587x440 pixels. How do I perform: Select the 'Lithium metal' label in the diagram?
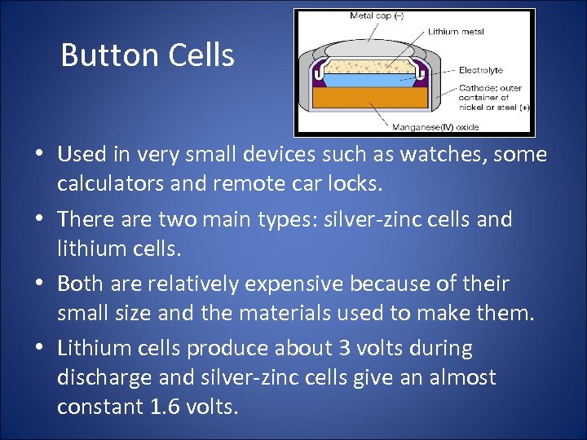pos(455,32)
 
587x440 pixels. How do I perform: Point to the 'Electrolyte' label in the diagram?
pos(481,70)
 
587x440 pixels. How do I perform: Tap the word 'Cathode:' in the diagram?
pos(478,88)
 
